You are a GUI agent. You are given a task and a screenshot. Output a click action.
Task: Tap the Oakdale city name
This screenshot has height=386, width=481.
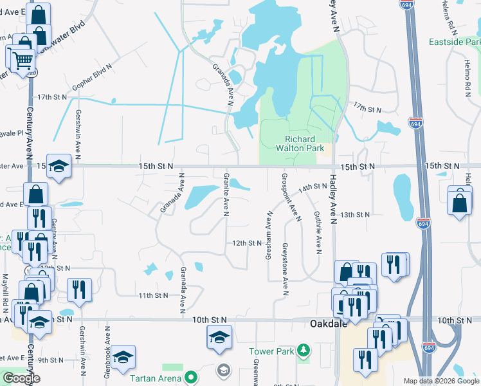328,324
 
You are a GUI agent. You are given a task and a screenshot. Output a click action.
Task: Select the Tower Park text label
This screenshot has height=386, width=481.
271,352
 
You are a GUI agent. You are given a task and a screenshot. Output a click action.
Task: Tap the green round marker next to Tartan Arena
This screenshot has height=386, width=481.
190,378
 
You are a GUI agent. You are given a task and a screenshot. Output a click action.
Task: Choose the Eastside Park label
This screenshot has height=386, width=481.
454,42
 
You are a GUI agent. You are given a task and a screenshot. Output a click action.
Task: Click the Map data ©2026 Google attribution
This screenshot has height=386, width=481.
441,381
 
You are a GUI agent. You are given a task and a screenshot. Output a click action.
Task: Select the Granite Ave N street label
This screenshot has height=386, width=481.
226,194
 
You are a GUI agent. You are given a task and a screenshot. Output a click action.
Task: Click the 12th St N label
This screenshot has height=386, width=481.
248,243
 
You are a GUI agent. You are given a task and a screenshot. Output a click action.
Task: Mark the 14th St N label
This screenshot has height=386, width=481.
313,187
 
